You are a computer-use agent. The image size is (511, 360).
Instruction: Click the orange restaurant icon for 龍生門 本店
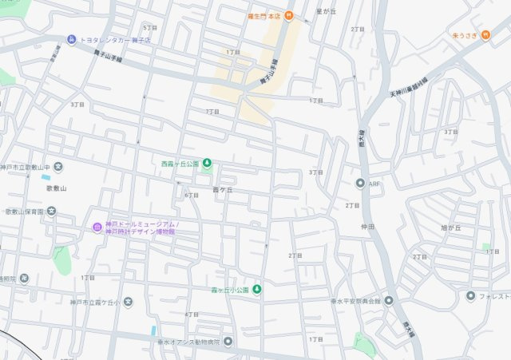pos(289,15)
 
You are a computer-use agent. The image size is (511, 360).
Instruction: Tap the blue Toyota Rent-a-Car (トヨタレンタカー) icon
pos(71,39)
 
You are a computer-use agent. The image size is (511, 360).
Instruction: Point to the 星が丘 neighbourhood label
pos(327,12)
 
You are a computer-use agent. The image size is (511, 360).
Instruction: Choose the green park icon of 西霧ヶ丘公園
pos(207,164)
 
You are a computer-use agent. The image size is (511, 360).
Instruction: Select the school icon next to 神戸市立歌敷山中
pos(59,167)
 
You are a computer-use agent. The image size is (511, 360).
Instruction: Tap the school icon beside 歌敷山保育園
pos(51,212)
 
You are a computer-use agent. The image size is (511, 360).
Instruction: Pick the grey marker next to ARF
pos(360,184)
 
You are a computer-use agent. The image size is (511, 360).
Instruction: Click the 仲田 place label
pos(367,227)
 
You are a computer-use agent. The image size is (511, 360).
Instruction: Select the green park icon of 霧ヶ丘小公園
pos(257,289)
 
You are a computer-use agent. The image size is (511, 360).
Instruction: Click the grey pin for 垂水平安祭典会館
pos(389,301)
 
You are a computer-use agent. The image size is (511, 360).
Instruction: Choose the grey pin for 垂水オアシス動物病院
pos(228,342)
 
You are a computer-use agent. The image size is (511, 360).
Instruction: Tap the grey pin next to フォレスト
pos(471,296)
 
